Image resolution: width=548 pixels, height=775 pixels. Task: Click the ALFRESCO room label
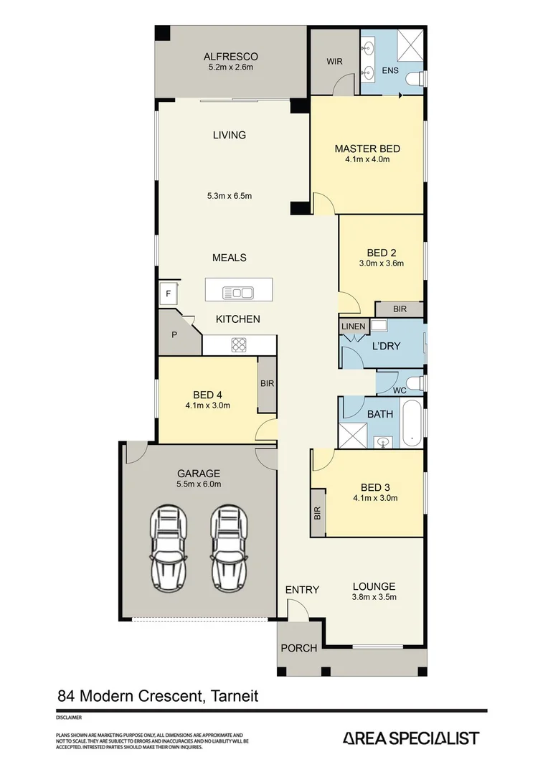(230, 57)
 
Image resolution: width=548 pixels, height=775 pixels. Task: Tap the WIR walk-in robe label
(334, 62)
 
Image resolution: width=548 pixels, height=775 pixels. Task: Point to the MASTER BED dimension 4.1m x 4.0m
(367, 159)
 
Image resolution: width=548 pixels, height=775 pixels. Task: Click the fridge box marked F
(169, 293)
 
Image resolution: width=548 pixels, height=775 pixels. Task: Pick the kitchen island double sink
(239, 292)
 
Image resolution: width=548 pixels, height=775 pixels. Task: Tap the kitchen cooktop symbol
(239, 344)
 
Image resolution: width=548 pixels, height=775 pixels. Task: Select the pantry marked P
(174, 334)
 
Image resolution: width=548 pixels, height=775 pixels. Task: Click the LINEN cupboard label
(353, 327)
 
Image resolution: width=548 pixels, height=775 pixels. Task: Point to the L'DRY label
(386, 346)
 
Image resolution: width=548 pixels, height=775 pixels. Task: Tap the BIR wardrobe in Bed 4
(267, 384)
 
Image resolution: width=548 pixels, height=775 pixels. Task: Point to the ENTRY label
(302, 590)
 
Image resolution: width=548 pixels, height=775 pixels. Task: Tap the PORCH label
(298, 648)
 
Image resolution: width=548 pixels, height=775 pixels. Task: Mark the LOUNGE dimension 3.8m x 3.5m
(374, 597)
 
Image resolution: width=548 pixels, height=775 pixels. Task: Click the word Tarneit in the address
(234, 695)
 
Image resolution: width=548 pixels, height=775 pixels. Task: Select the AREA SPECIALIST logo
(411, 738)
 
